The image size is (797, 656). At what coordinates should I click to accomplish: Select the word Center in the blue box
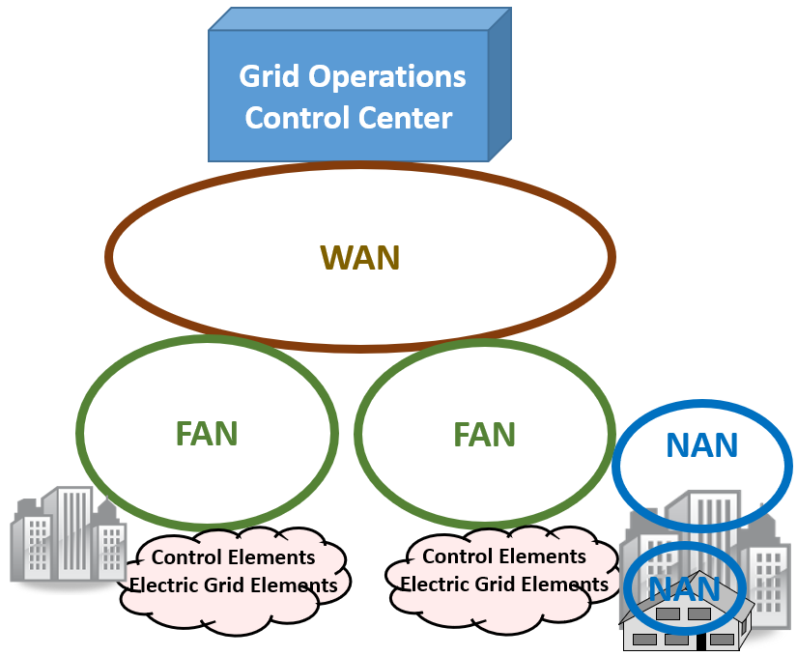(x=406, y=118)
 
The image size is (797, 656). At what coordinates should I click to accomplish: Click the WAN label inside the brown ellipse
(x=359, y=258)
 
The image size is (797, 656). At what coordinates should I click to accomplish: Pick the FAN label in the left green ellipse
(x=207, y=434)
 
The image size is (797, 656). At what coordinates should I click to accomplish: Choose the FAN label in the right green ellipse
(x=485, y=434)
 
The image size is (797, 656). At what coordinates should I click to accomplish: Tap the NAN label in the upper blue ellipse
(x=702, y=445)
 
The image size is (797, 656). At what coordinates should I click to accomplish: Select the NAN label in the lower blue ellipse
(x=684, y=589)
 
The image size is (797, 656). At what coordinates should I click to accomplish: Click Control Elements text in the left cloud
(x=234, y=557)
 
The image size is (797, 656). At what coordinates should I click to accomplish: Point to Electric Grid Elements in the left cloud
(x=234, y=585)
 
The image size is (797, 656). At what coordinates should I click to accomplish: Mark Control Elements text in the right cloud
(x=504, y=556)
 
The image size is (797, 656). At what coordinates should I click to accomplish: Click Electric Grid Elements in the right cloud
(x=504, y=585)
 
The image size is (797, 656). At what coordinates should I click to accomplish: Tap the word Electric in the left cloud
(x=162, y=585)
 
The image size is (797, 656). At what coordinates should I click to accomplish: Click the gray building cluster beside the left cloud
(x=68, y=536)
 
